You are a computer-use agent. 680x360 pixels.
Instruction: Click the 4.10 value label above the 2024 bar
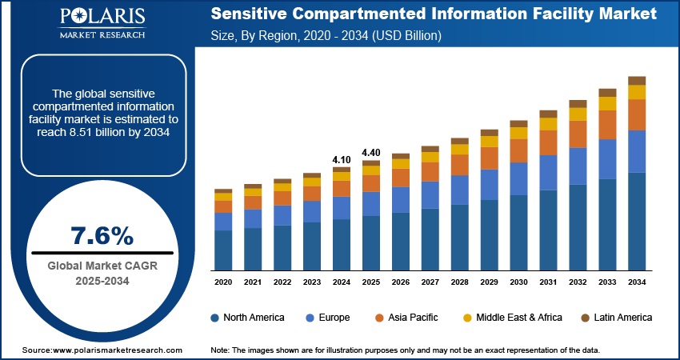coord(342,159)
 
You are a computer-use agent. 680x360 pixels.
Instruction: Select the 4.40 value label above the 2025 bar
coord(371,153)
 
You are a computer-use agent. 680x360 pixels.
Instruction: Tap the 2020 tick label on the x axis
coord(223,282)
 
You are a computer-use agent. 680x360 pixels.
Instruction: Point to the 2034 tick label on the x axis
coord(637,282)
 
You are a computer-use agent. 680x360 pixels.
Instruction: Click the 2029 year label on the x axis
coord(489,282)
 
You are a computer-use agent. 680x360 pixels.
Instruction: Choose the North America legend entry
coord(247,318)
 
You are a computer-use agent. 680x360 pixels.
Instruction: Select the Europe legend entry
coord(327,318)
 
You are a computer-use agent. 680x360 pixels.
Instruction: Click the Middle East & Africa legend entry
coord(512,318)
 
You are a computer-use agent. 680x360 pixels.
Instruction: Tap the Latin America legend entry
coord(616,318)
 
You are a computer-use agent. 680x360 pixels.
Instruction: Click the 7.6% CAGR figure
coord(102,236)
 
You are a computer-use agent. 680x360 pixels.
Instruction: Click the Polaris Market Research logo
coord(102,22)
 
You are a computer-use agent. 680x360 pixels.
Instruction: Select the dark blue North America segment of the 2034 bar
coord(637,222)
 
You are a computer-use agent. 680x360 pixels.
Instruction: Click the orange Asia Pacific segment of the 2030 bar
coord(518,150)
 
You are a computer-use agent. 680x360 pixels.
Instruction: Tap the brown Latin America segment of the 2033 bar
coord(607,93)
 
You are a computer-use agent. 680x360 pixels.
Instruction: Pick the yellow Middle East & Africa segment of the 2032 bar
coord(578,114)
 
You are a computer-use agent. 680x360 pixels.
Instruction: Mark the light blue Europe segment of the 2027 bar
coord(430,194)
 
